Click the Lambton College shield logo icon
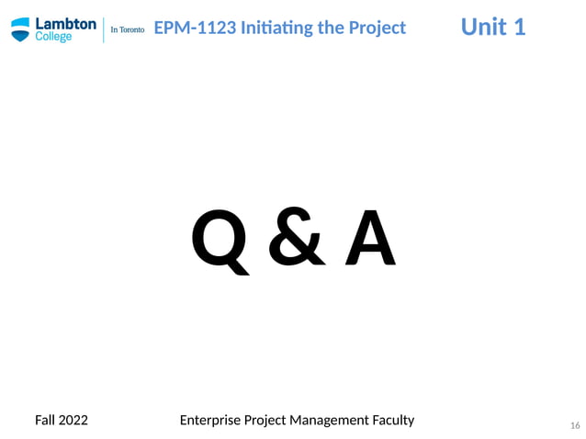point(20,29)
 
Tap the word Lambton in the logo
point(65,24)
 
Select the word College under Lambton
point(54,38)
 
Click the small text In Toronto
point(127,29)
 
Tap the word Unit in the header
point(482,27)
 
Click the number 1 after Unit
point(519,27)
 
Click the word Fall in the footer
point(45,420)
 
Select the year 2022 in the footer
point(73,420)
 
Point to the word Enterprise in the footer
point(210,420)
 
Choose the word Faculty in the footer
point(393,420)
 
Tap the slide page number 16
point(575,425)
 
